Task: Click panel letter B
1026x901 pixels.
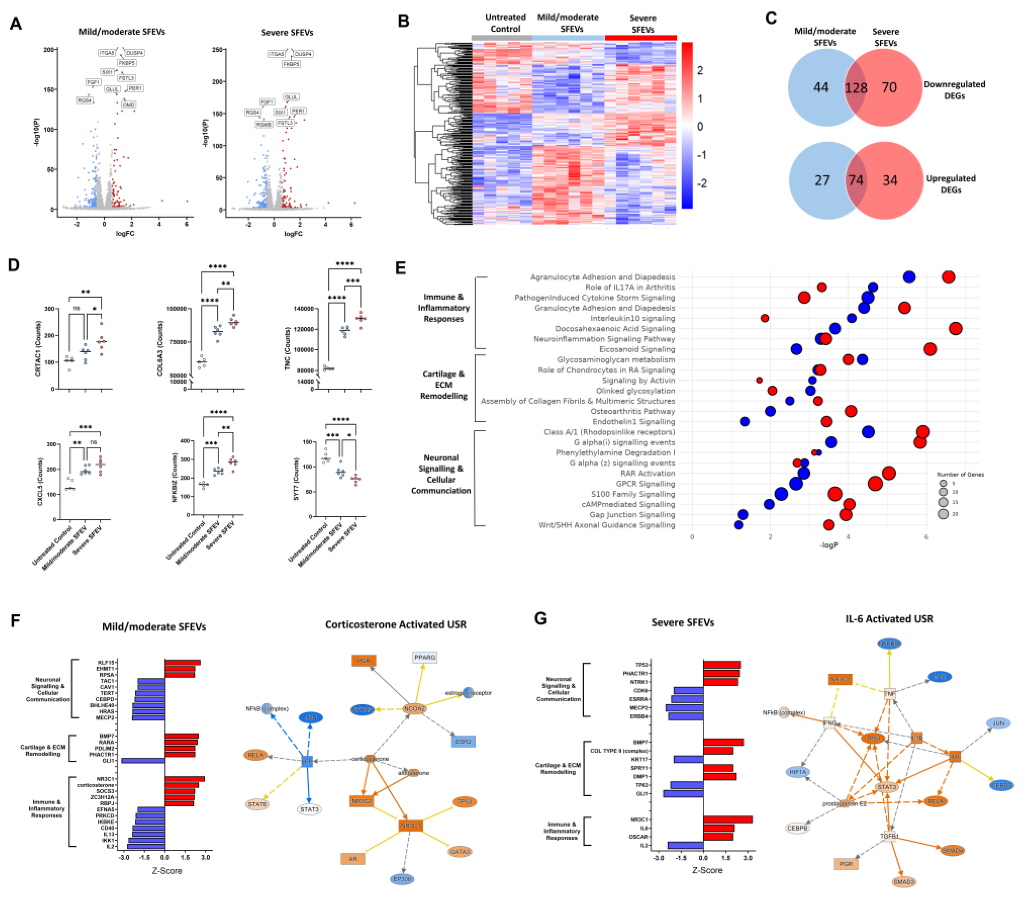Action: click(x=404, y=21)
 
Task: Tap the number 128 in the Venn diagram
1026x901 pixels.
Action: click(x=856, y=88)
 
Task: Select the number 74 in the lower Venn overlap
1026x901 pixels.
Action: click(x=856, y=180)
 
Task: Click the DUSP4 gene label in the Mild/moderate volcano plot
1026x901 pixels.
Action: click(x=134, y=53)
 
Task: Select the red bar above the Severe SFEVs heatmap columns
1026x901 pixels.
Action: click(x=641, y=38)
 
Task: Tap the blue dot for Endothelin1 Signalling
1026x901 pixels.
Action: click(x=745, y=422)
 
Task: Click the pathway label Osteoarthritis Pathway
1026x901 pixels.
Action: click(x=633, y=411)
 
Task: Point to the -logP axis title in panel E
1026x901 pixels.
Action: click(x=829, y=545)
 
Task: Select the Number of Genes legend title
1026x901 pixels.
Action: click(x=960, y=474)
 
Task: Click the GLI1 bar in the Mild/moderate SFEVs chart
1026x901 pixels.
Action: click(x=143, y=761)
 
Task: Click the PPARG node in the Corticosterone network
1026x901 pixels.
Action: click(x=425, y=657)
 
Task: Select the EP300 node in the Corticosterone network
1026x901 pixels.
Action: click(x=402, y=879)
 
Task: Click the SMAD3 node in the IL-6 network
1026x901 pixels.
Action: click(x=903, y=882)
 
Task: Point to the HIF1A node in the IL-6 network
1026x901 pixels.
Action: click(x=798, y=772)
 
